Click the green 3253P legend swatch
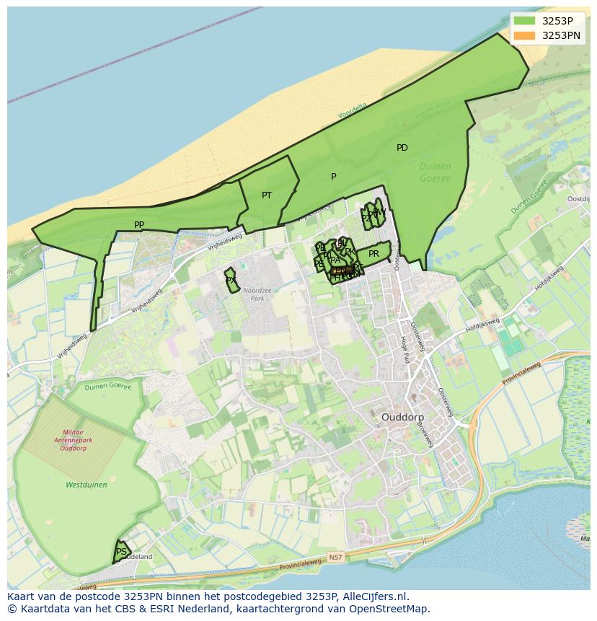(x=524, y=20)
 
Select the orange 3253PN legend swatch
(x=524, y=35)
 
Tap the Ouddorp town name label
(x=402, y=418)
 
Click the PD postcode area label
(x=402, y=148)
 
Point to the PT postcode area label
(x=267, y=195)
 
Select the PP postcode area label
(x=139, y=225)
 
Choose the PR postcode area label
(x=373, y=254)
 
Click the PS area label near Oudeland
(x=121, y=552)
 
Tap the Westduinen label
(x=87, y=485)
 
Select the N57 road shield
(x=335, y=558)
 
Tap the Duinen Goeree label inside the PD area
(x=435, y=172)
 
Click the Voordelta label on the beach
(x=352, y=110)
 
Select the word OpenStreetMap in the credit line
(x=391, y=609)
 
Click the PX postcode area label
(x=231, y=281)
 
